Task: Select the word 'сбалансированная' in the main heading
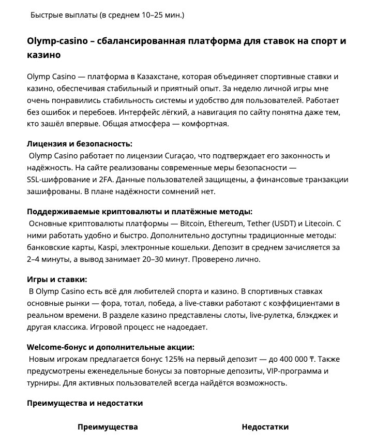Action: point(138,41)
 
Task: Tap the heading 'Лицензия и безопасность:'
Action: point(80,144)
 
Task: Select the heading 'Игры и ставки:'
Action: point(57,279)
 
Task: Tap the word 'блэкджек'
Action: point(309,315)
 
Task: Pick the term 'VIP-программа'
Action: point(295,371)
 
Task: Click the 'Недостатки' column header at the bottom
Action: point(265,427)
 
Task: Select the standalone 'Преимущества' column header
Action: point(108,427)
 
